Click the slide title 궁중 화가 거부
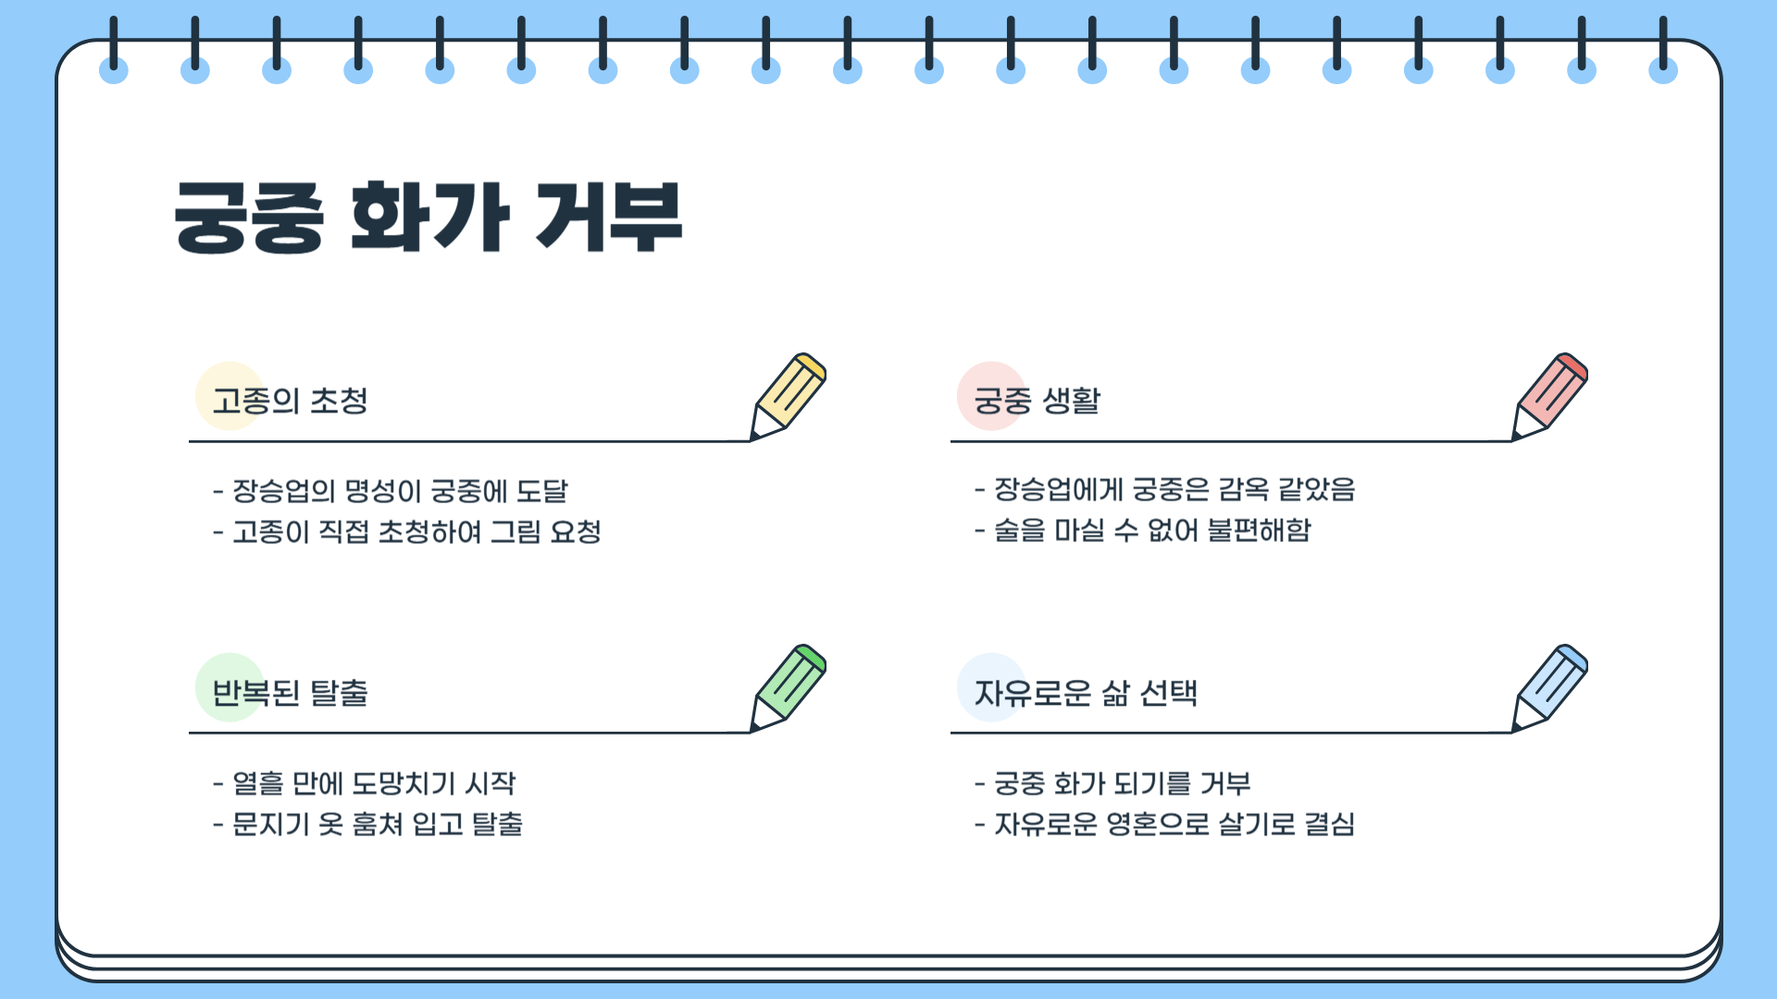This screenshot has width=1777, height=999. (x=428, y=217)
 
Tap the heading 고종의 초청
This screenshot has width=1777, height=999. (x=290, y=401)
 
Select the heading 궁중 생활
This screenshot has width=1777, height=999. (x=1037, y=401)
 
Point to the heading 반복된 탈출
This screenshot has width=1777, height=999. (x=290, y=693)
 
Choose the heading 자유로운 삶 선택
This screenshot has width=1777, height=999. (x=1086, y=693)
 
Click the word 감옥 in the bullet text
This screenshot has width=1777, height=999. (x=1242, y=489)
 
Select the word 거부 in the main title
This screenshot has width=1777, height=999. (x=608, y=217)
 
